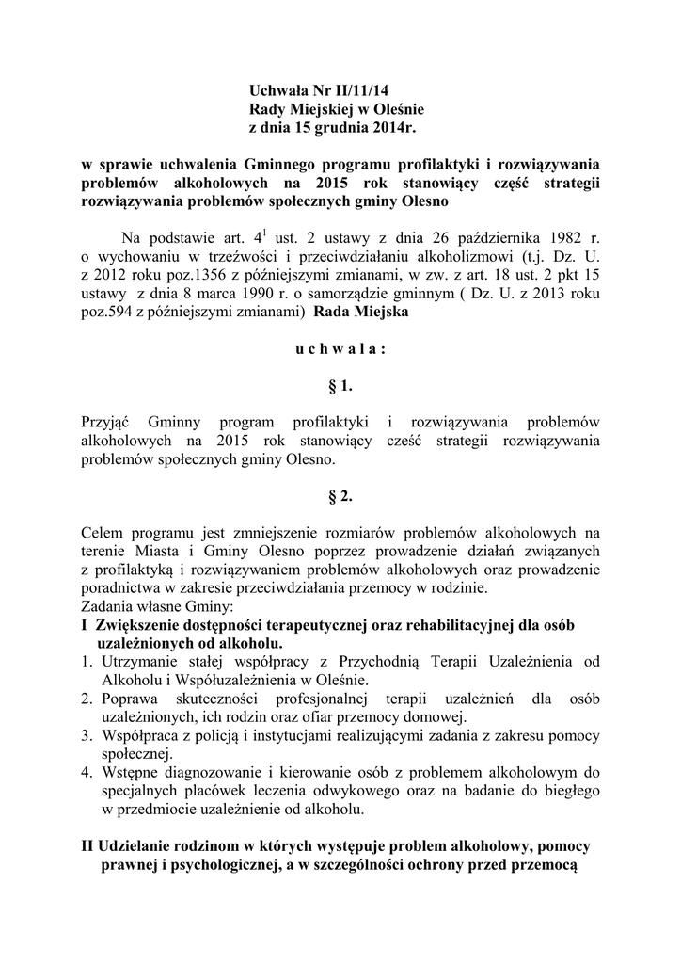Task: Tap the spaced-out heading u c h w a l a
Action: point(340,348)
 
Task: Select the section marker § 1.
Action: point(340,386)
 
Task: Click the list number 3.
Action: point(87,735)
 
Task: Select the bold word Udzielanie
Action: point(140,846)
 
